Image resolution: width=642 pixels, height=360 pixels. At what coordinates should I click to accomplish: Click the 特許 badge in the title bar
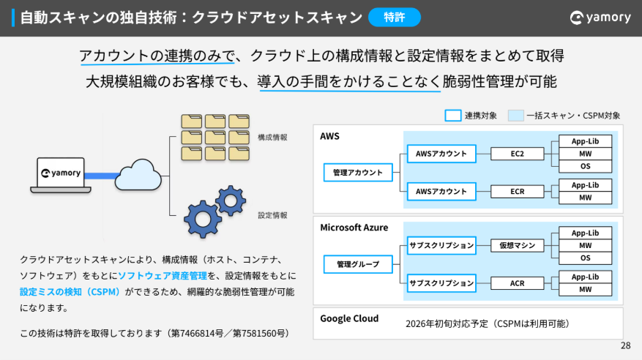tap(395, 18)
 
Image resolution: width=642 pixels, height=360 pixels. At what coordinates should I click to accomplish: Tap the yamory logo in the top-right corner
tap(600, 18)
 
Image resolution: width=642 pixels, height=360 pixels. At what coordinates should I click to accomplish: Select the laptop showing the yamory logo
tap(61, 175)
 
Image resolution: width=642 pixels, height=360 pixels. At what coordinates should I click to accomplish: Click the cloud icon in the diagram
tap(138, 173)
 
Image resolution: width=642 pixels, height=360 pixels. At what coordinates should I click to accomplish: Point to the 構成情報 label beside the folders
tap(272, 137)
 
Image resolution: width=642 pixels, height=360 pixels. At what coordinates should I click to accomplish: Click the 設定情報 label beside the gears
tap(272, 215)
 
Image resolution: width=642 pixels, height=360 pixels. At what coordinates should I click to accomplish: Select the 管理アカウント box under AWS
tap(358, 173)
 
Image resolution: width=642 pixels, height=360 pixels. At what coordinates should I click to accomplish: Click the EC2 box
tap(518, 154)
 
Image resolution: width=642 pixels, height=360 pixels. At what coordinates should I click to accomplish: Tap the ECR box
tap(518, 192)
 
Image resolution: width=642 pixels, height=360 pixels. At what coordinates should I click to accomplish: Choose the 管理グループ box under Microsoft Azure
tap(358, 263)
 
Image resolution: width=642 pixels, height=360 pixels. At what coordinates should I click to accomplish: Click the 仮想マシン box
tap(518, 245)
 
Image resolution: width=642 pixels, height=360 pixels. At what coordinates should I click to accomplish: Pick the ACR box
tap(518, 283)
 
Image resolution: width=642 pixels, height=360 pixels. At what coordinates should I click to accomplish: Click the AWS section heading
tap(330, 137)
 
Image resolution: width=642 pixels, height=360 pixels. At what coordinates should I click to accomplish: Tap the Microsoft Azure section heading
tap(354, 228)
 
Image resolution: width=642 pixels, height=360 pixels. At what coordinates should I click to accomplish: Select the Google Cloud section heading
tap(349, 318)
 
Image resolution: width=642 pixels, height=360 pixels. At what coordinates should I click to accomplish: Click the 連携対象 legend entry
tap(471, 115)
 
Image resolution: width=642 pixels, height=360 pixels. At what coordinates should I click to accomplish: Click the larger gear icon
tap(202, 217)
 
